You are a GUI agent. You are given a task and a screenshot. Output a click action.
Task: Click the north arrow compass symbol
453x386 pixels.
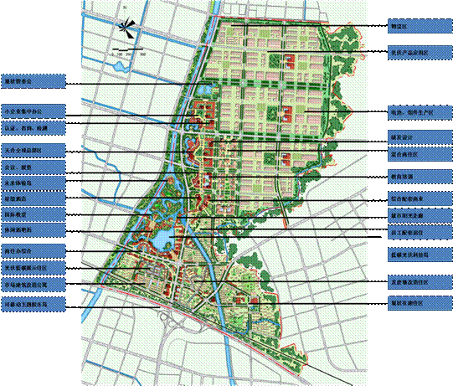pos(126,27)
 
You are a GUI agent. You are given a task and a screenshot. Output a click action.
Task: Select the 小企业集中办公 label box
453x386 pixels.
pos(33,111)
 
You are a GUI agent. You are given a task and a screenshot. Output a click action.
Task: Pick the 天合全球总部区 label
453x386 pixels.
pos(33,151)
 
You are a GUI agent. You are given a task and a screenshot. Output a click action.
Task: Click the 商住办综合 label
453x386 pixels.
pos(33,250)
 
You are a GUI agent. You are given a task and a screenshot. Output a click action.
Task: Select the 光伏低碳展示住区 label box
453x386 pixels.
pos(33,267)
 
